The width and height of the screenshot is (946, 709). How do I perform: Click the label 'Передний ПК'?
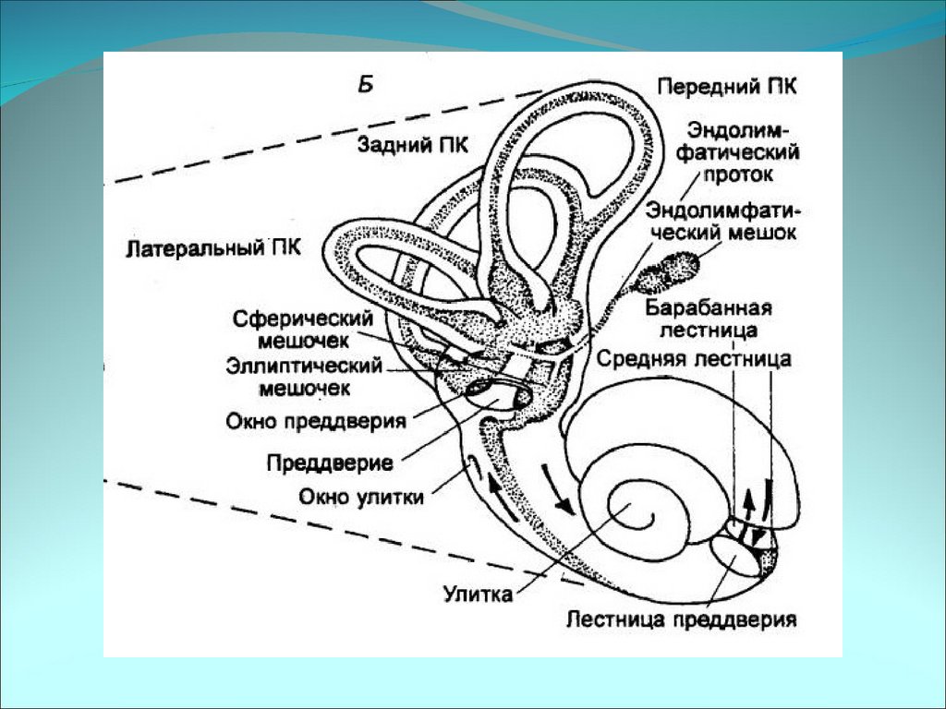[727, 86]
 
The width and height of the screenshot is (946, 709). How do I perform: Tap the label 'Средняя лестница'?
[693, 358]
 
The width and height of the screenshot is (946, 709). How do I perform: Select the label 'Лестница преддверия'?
[682, 619]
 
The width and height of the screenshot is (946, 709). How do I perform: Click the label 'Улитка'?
[477, 593]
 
